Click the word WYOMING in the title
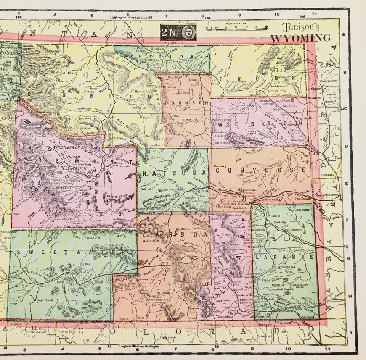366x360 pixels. (300, 38)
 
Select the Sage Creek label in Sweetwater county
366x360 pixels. (44, 300)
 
